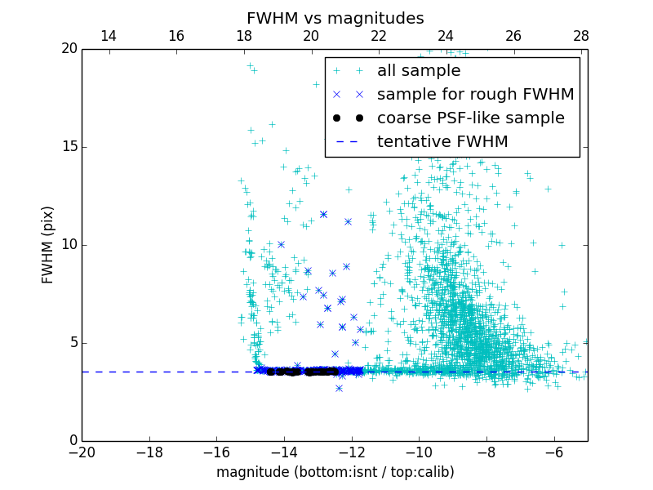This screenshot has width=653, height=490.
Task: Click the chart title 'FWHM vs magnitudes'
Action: click(x=335, y=18)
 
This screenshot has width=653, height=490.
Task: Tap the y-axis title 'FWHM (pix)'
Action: click(x=48, y=244)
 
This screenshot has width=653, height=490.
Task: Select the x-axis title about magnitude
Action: click(x=335, y=472)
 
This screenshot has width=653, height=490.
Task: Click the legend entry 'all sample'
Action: click(x=419, y=71)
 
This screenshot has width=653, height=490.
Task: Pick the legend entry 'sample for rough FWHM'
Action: click(x=475, y=95)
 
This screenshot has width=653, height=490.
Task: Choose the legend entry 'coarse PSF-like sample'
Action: click(x=470, y=118)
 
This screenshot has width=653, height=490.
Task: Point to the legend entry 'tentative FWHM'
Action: click(x=442, y=142)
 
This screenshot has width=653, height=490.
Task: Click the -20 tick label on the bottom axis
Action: click(x=82, y=452)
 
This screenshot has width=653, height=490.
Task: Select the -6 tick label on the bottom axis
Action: click(x=553, y=452)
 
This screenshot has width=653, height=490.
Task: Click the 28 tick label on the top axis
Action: click(x=581, y=36)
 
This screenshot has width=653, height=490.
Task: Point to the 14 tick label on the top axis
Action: click(x=108, y=36)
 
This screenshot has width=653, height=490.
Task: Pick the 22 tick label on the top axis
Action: click(x=379, y=36)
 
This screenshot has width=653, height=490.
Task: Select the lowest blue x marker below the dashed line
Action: click(x=339, y=388)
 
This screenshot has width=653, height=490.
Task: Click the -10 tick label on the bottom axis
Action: click(x=419, y=452)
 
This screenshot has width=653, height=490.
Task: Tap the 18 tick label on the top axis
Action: click(x=243, y=36)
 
